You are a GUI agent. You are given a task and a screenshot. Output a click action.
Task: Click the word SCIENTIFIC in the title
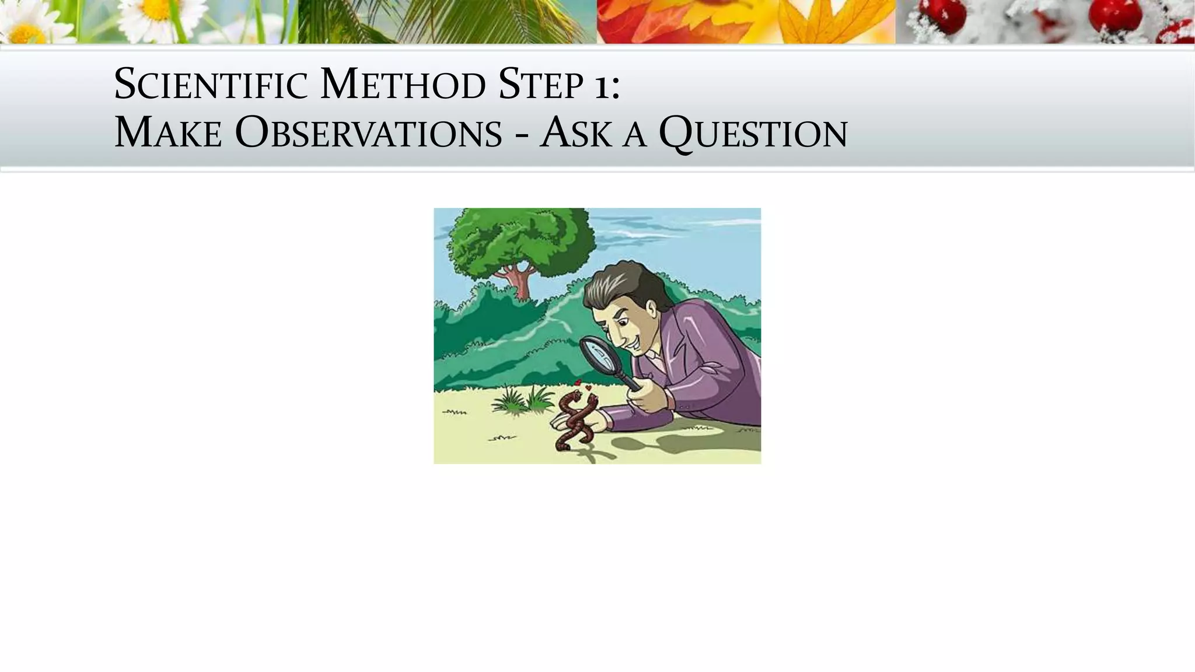pyautogui.click(x=211, y=85)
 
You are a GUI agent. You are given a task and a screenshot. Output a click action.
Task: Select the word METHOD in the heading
pyautogui.click(x=403, y=85)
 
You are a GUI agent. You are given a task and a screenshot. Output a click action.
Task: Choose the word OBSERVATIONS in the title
pyautogui.click(x=368, y=133)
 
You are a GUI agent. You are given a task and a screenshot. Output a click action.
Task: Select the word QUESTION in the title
pyautogui.click(x=753, y=134)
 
